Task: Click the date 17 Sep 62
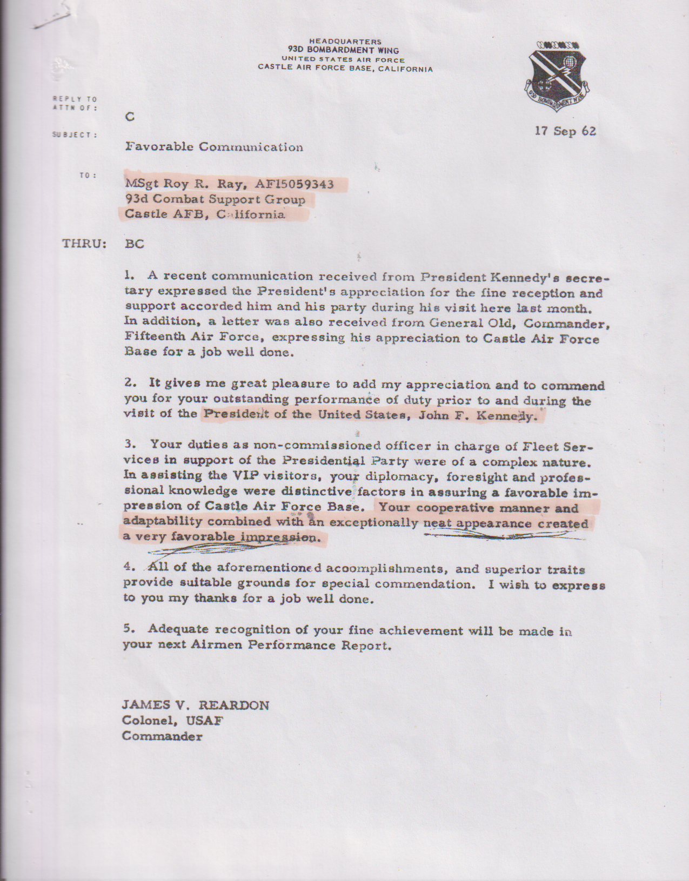[565, 131]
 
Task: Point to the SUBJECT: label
[75, 134]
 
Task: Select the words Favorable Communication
[214, 147]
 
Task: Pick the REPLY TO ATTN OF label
[75, 103]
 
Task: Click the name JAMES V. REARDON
[195, 705]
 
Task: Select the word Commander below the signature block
[162, 736]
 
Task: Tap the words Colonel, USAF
[172, 720]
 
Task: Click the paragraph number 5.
[129, 629]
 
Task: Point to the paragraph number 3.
[129, 445]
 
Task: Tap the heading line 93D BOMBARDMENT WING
[344, 50]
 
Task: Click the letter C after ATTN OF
[129, 117]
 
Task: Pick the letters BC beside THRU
[135, 244]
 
